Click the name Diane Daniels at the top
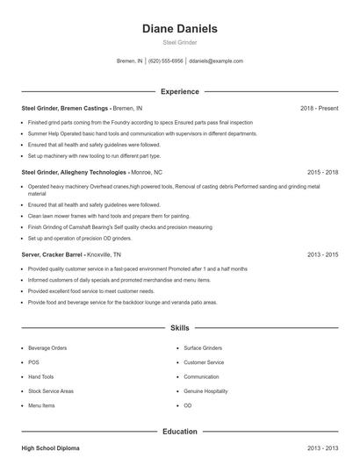click(179, 29)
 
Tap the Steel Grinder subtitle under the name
click(179, 42)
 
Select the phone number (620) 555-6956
click(166, 61)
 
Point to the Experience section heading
click(179, 91)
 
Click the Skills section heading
click(179, 327)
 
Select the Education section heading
click(179, 432)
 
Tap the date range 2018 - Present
click(319, 108)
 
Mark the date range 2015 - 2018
click(322, 172)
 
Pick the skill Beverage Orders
click(47, 347)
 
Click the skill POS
click(33, 362)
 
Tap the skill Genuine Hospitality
click(207, 391)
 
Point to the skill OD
click(188, 406)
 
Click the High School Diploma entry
click(50, 448)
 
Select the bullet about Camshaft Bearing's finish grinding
click(119, 226)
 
